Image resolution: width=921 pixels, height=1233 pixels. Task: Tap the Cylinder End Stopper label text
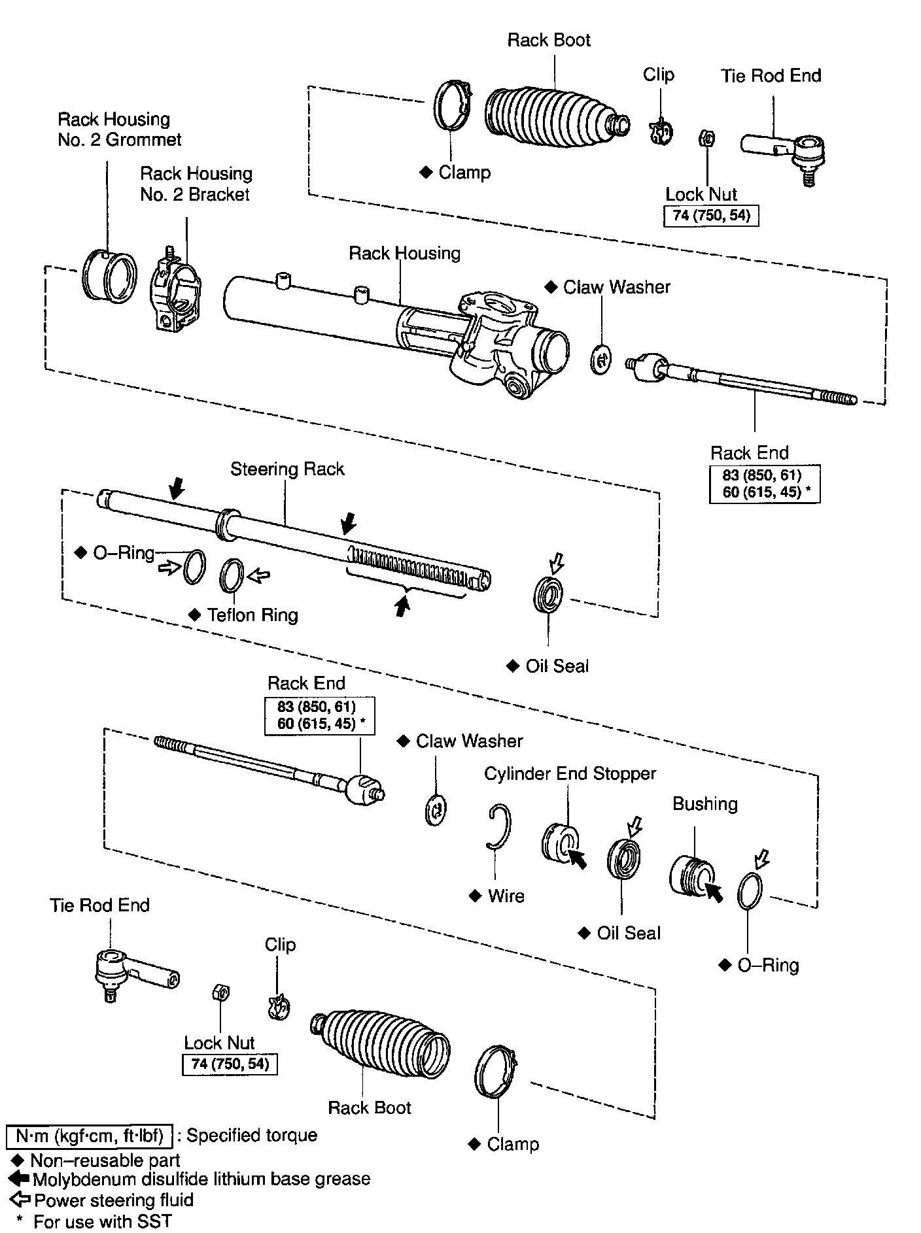[x=570, y=774]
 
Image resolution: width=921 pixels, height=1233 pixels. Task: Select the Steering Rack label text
[x=287, y=469]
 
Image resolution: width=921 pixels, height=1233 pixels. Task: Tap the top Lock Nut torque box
[x=711, y=216]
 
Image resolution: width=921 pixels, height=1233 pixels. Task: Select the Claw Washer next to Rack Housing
[x=600, y=359]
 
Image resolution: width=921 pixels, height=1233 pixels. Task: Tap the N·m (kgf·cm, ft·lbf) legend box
[x=89, y=1136]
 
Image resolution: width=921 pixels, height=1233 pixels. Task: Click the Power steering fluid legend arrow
[x=22, y=1200]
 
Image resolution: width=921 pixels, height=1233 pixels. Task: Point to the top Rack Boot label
[x=549, y=41]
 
